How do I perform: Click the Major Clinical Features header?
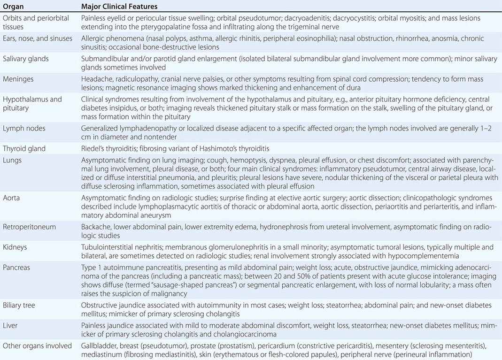click(119, 7)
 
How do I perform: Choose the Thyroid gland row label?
click(24, 148)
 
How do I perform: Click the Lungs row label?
click(12, 160)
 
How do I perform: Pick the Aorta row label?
click(12, 198)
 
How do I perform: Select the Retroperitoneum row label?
click(29, 227)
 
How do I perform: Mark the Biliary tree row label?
click(19, 305)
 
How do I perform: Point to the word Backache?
click(96, 227)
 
